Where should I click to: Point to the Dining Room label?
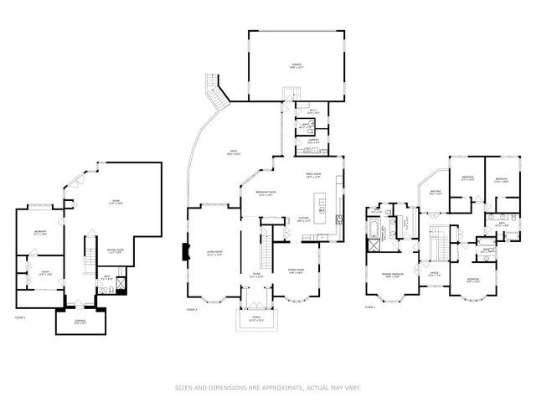point(296,271)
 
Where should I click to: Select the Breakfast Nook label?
point(266,194)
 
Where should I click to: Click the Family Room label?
point(314,175)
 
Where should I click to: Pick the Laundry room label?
point(312,142)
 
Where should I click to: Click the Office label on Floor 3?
point(435,273)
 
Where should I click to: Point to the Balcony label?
point(435,192)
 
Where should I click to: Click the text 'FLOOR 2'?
point(192,310)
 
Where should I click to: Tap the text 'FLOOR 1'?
point(21,317)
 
